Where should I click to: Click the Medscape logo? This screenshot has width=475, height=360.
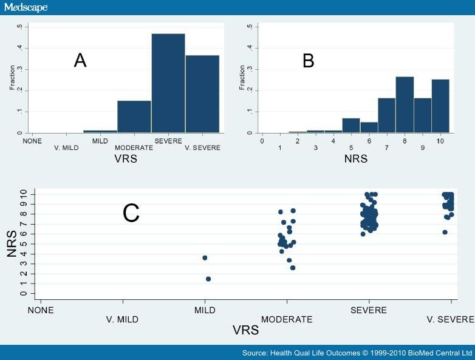click(x=26, y=8)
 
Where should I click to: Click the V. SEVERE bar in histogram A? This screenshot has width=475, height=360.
click(x=202, y=94)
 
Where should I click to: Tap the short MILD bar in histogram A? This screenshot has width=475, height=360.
click(x=100, y=131)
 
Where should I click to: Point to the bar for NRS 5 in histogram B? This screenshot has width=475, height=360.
click(x=351, y=125)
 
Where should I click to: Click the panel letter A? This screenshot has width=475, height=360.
click(x=80, y=60)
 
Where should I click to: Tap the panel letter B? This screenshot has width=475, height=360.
click(x=309, y=60)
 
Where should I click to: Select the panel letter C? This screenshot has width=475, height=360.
click(x=131, y=213)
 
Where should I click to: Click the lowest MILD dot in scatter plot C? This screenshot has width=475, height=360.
click(x=208, y=279)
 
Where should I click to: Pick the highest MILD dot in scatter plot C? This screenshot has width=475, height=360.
click(x=205, y=258)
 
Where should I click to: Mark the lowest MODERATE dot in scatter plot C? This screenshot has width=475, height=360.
click(x=293, y=268)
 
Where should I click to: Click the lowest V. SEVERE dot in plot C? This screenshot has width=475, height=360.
click(x=445, y=232)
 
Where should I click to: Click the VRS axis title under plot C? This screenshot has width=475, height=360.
click(x=246, y=331)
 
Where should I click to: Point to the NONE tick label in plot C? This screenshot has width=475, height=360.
click(x=40, y=310)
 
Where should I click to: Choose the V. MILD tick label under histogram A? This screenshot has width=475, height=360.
click(x=67, y=148)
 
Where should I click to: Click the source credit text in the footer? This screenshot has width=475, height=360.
click(x=357, y=353)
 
